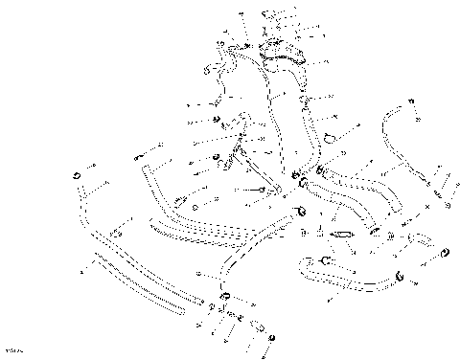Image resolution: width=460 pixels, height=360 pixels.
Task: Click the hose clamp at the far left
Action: point(74,177)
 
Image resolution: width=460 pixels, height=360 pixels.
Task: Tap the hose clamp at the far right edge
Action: point(446,253)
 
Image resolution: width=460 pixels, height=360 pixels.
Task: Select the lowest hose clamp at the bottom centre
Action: point(272,338)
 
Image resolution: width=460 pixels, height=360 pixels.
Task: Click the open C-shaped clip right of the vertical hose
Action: point(329,137)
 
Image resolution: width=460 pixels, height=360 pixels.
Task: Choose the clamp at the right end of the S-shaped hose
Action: point(400,279)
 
